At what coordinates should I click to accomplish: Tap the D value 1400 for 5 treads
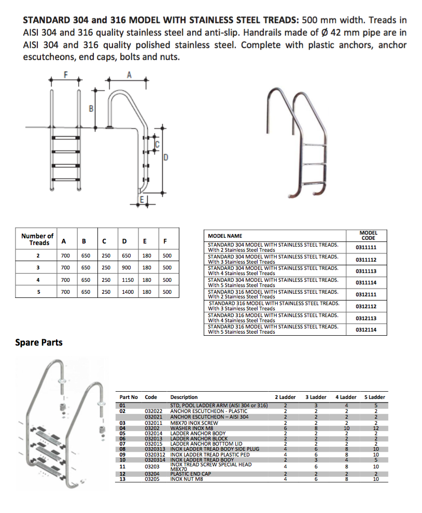pos(127,292)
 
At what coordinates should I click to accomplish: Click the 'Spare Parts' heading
pos(39,343)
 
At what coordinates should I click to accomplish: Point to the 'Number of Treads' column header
pos(37,239)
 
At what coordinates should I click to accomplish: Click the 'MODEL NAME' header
pos(225,236)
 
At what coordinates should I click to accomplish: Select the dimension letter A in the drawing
pos(129,75)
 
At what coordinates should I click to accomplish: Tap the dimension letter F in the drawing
pos(66,75)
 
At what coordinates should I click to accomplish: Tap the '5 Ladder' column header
pos(375,397)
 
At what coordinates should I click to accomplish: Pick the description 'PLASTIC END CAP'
pos(190,474)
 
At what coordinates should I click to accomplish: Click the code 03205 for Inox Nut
pos(152,479)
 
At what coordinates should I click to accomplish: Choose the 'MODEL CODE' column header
pos(368,235)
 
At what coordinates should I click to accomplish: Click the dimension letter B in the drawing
pos(91,109)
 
